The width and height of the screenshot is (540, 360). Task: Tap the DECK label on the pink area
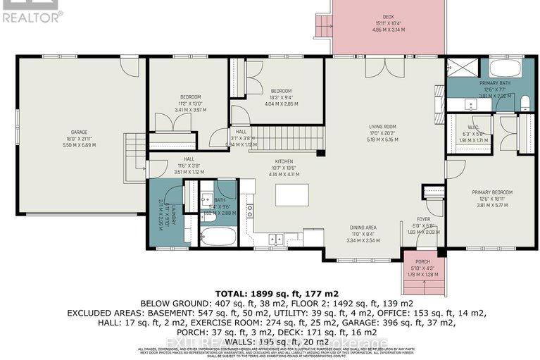[x=388, y=16]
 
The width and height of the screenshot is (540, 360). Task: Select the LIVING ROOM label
[x=384, y=127]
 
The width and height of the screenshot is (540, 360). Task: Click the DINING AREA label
[x=363, y=228]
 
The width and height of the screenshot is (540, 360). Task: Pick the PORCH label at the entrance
[x=422, y=262]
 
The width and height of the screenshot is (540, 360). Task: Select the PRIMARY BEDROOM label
[x=492, y=192]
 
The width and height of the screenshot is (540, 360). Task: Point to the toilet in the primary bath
[x=525, y=106]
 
